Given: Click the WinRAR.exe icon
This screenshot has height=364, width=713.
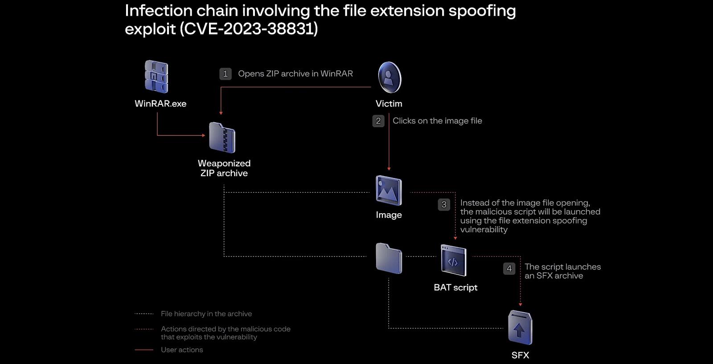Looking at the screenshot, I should click(x=156, y=77).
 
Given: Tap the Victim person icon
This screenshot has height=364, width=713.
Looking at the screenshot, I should click(x=389, y=78).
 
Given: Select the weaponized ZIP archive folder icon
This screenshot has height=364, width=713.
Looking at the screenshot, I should click(x=222, y=137).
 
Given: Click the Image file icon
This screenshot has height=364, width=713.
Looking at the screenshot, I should click(x=389, y=190).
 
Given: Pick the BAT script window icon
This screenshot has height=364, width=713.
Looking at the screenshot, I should click(x=453, y=261).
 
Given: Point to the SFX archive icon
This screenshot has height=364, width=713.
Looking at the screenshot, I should click(x=520, y=327).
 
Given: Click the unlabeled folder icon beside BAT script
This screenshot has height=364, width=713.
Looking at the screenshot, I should click(x=389, y=258).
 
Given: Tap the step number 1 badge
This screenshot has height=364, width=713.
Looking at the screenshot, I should click(x=225, y=74).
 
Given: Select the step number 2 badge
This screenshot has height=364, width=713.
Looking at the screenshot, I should click(x=378, y=121).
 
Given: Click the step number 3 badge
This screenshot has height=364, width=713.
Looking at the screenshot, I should click(x=444, y=204).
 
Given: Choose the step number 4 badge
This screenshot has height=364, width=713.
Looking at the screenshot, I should click(x=509, y=269).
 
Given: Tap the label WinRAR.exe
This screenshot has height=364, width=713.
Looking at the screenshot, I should click(x=160, y=103).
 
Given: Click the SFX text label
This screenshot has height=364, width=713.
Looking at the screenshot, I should click(x=520, y=355).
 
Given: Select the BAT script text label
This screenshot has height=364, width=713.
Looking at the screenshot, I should click(x=455, y=287).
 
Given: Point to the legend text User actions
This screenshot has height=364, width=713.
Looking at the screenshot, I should click(x=182, y=350).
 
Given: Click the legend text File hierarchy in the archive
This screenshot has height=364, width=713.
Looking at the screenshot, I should click(x=206, y=314).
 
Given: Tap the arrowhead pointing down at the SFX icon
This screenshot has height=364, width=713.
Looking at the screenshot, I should click(x=520, y=305).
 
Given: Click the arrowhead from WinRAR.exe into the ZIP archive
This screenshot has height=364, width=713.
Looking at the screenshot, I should click(x=204, y=135).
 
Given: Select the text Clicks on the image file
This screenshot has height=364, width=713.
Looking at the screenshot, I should click(x=437, y=121).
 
